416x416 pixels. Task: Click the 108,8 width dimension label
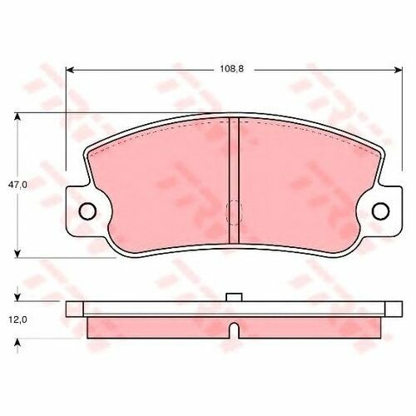point(232,69)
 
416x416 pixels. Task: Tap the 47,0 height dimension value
point(17,185)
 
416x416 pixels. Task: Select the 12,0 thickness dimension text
point(17,319)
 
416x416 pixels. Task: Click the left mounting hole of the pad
point(87,211)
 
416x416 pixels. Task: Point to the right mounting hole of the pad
point(380,211)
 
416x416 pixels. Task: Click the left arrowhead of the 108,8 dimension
point(70,70)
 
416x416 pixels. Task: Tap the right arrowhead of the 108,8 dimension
point(399,70)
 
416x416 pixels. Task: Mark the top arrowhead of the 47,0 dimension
point(17,116)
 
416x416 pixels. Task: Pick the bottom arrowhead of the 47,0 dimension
point(17,254)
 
